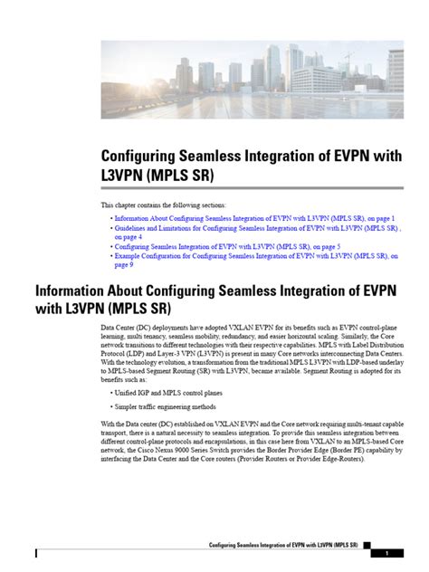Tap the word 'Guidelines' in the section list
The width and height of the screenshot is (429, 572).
click(x=132, y=230)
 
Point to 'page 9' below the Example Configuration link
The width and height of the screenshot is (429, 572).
click(x=125, y=265)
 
